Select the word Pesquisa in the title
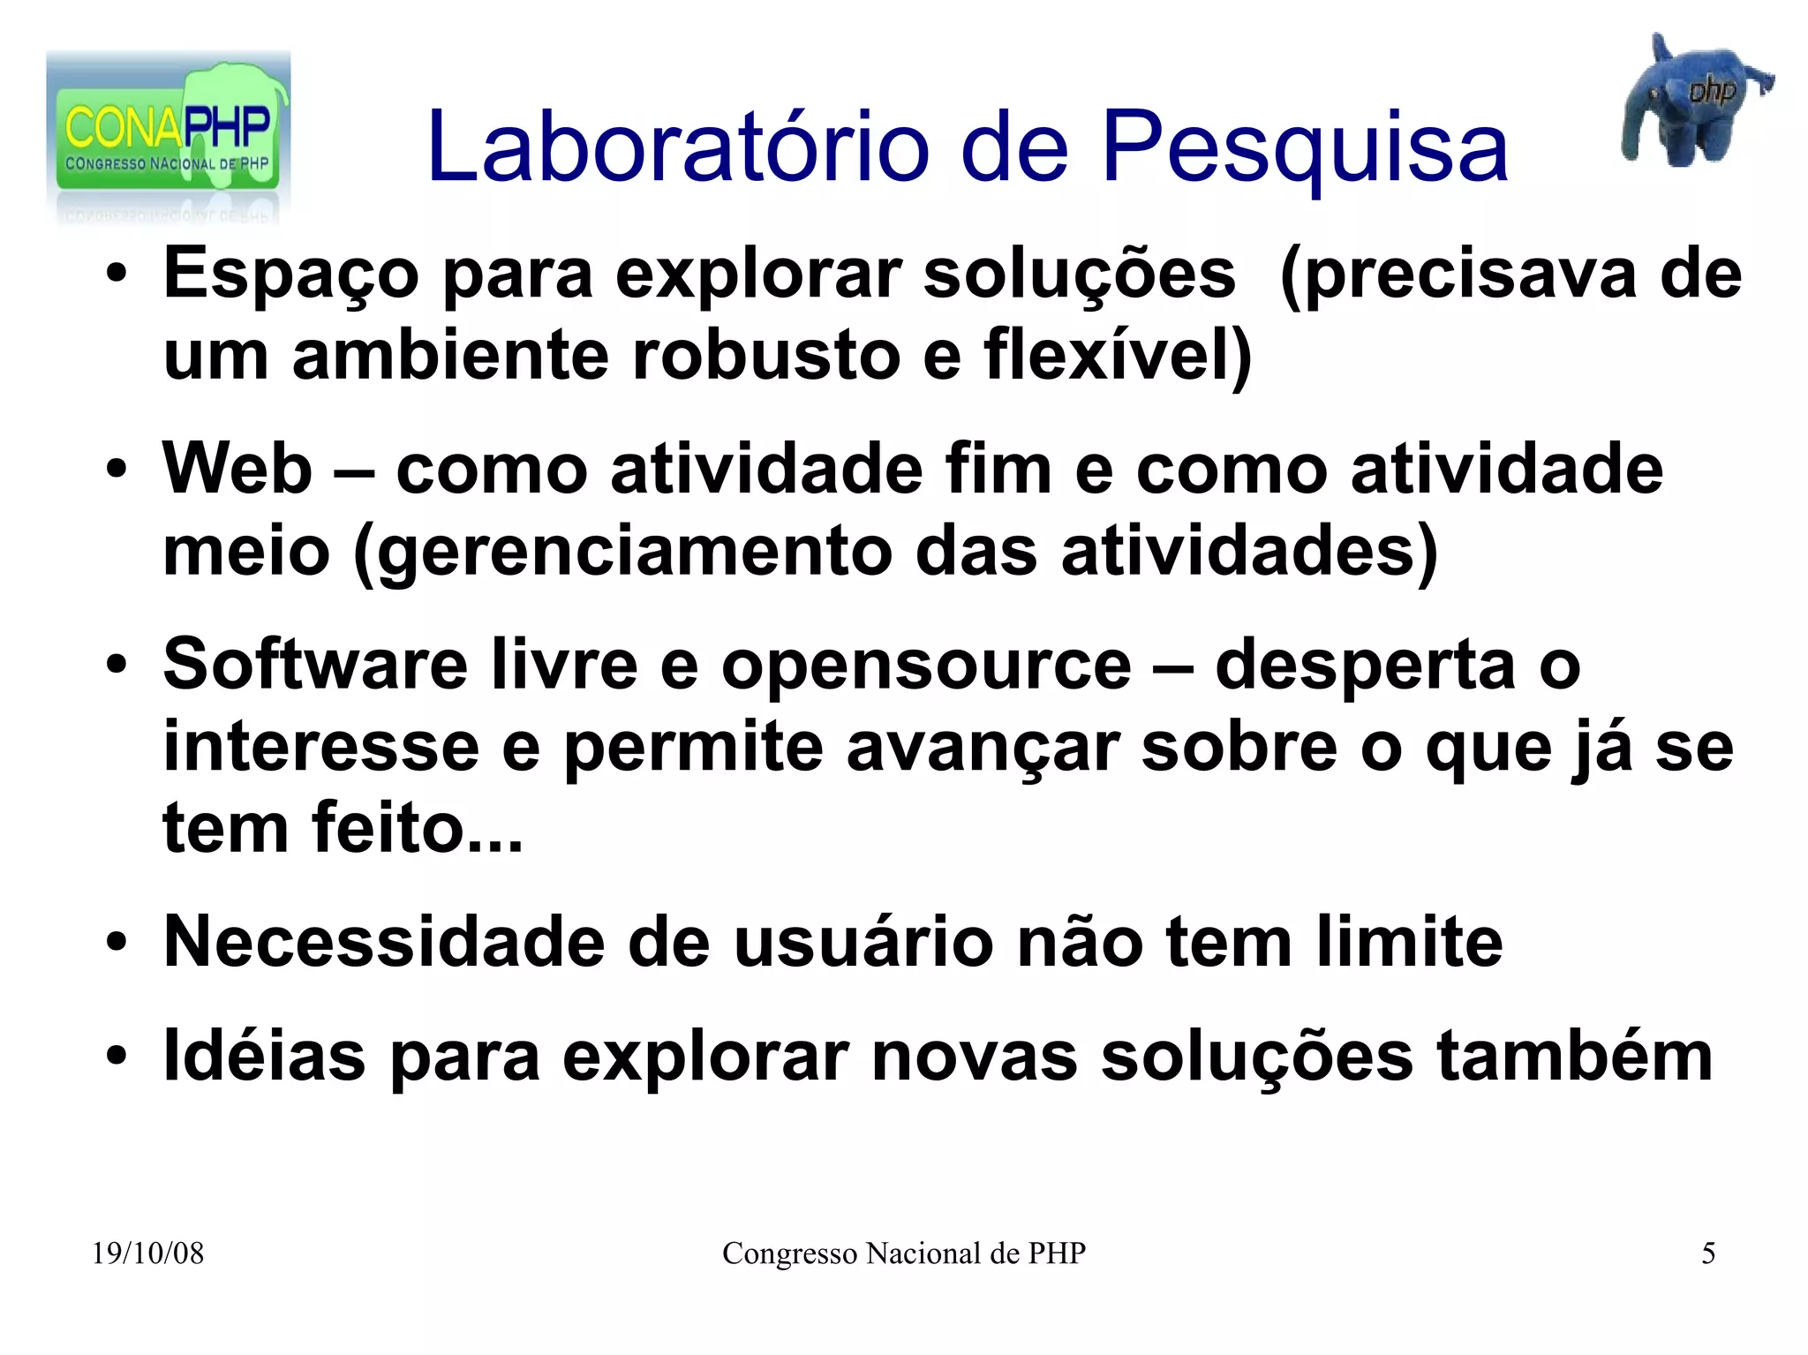click(x=1305, y=147)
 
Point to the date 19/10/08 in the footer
click(x=147, y=1253)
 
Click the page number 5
click(x=1708, y=1253)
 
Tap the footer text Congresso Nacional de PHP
click(x=903, y=1253)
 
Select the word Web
click(x=237, y=468)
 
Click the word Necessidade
click(x=384, y=942)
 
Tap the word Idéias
click(x=264, y=1056)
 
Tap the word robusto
click(x=766, y=355)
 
